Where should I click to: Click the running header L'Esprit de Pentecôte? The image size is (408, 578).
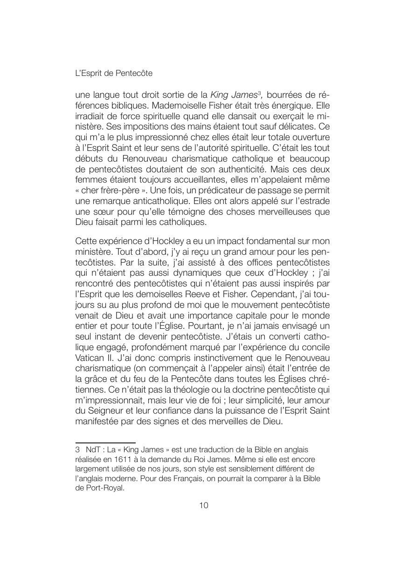pyautogui.click(x=114, y=73)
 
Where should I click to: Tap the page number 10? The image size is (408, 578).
pyautogui.click(x=204, y=505)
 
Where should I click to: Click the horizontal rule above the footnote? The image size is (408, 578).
pyautogui.click(x=105, y=442)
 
